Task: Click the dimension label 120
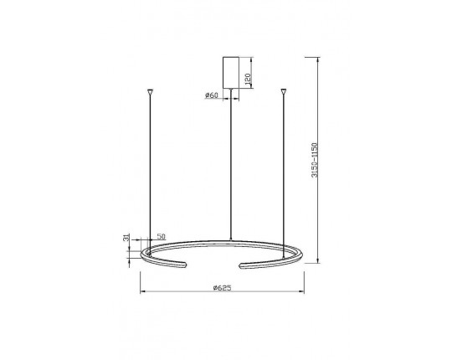pos(248,79)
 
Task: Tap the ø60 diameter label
pos(212,95)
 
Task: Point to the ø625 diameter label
pos(223,288)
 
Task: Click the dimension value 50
pos(162,236)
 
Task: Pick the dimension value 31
pos(126,238)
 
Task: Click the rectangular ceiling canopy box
pos(231,72)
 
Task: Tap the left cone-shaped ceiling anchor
pos(150,92)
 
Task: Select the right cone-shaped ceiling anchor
pos(284,91)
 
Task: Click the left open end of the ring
pos(185,265)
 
